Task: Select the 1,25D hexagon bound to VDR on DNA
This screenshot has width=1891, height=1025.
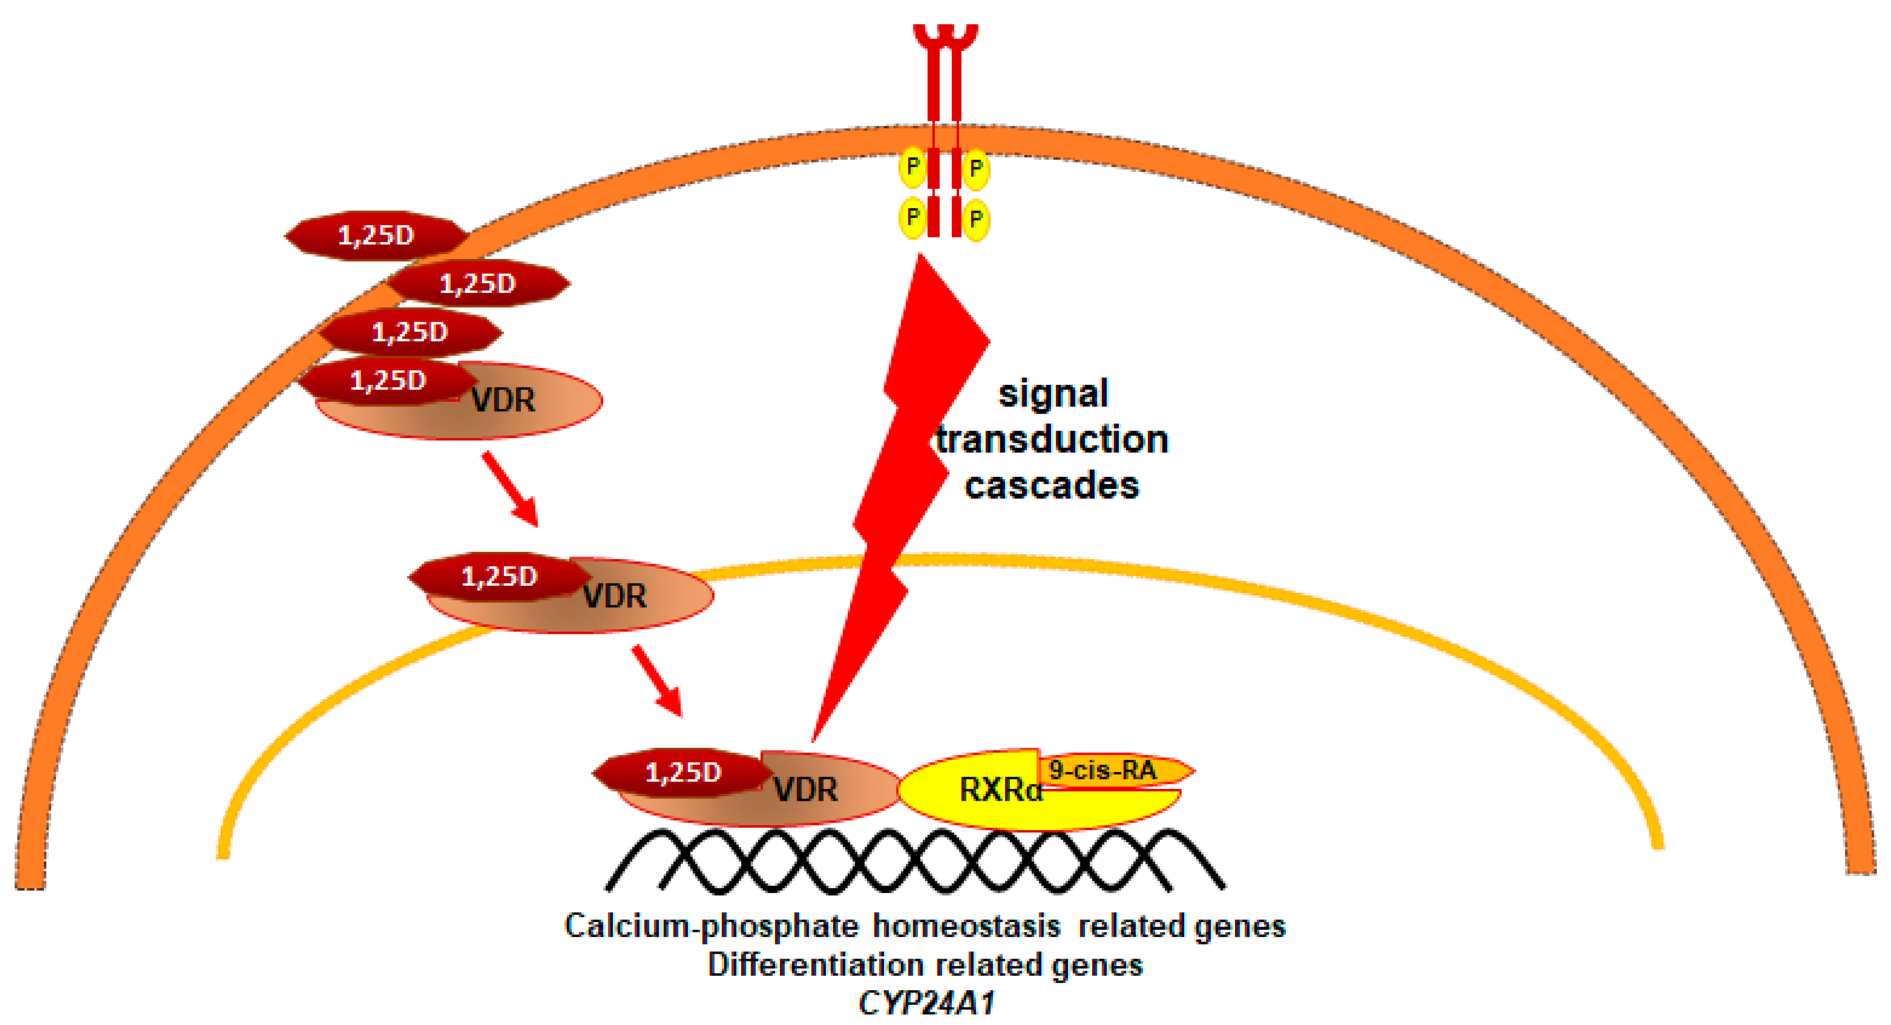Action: [683, 772]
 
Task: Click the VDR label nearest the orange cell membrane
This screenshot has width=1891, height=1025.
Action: [503, 400]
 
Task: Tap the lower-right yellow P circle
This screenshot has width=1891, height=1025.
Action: [975, 219]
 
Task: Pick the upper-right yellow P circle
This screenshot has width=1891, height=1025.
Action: [975, 168]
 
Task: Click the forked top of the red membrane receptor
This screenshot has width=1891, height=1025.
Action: [945, 37]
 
